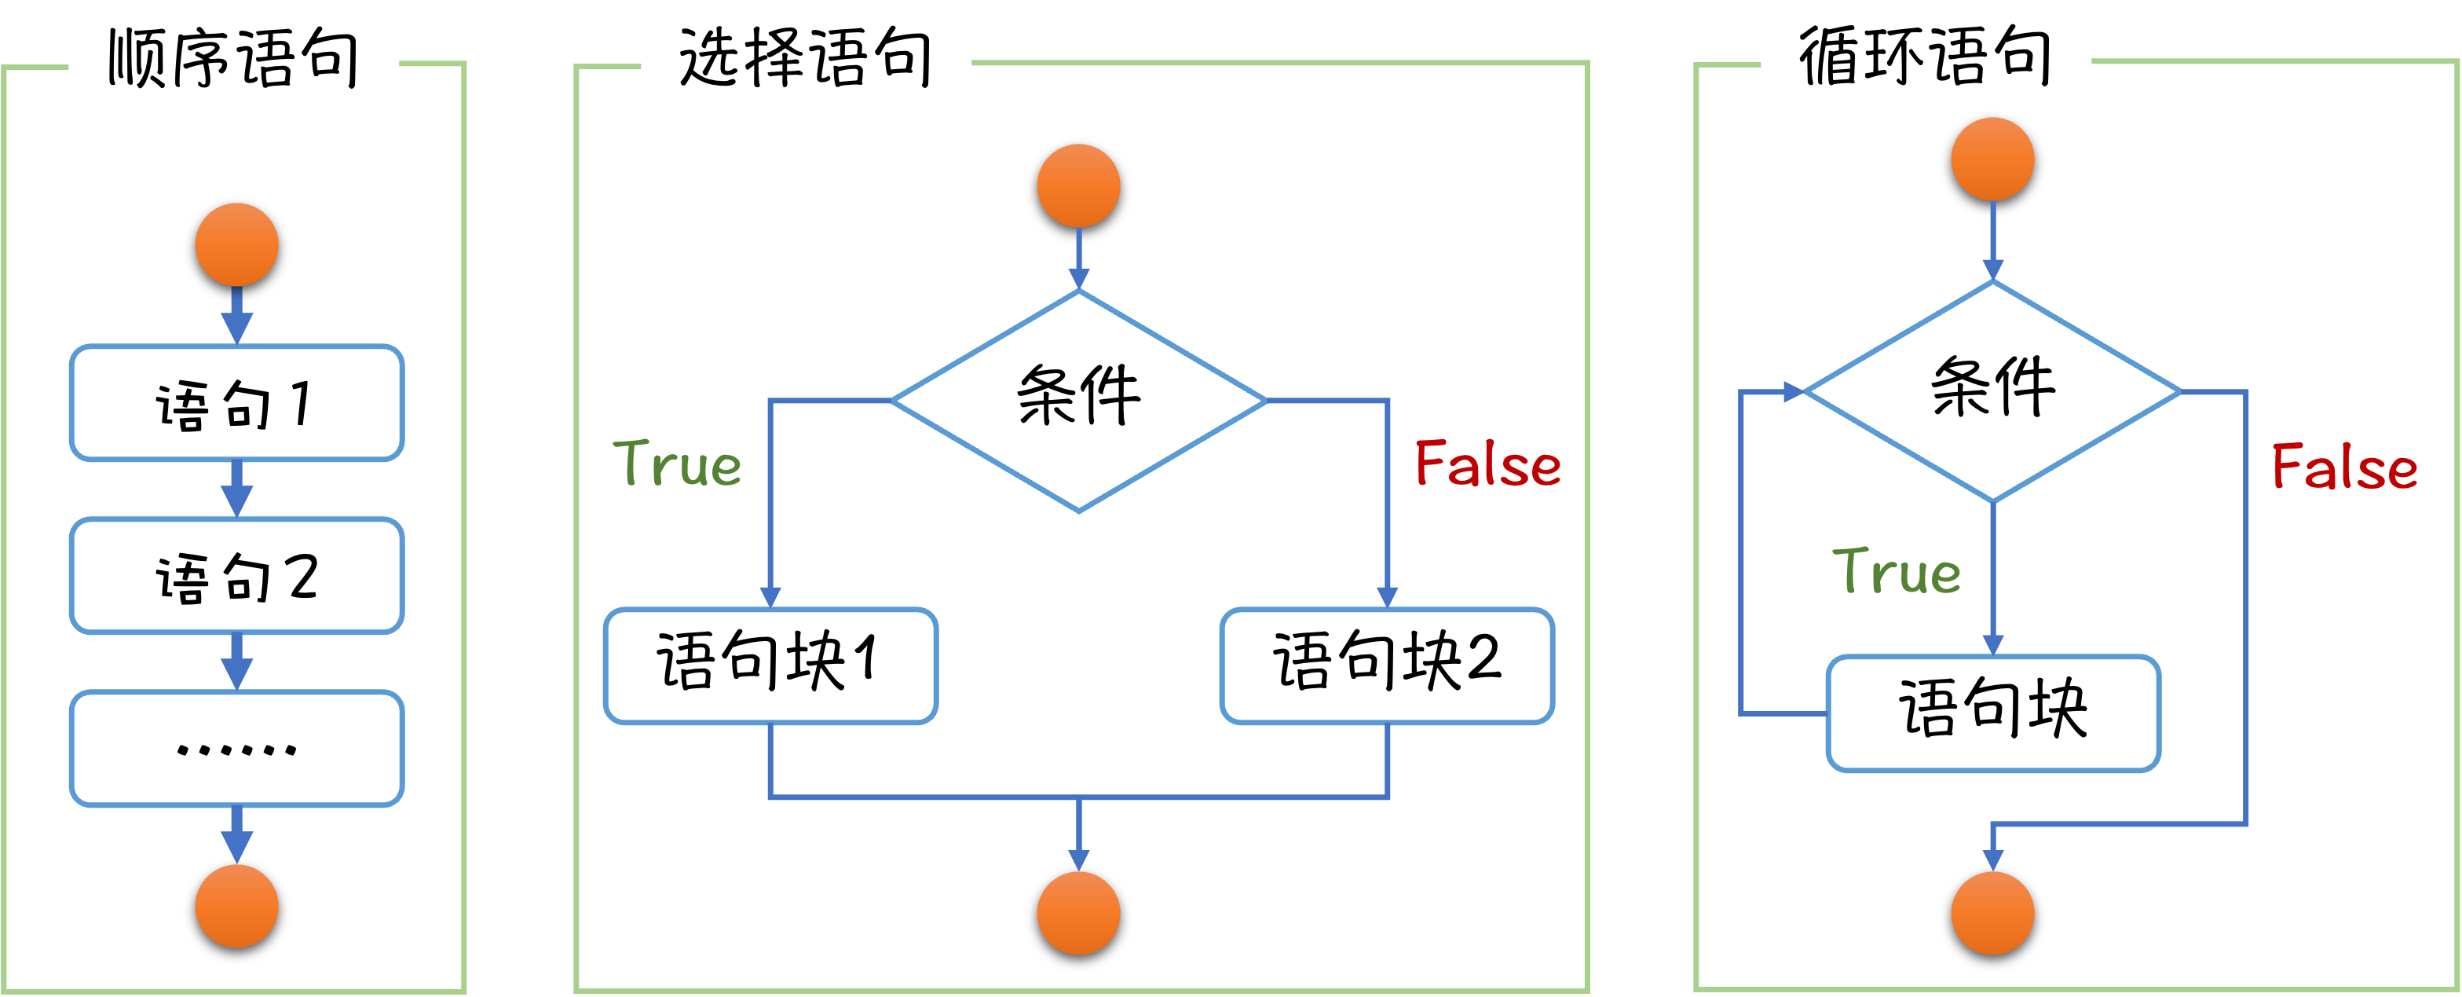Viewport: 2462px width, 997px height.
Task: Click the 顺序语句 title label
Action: coord(232,61)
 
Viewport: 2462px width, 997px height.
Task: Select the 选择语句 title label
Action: coord(805,61)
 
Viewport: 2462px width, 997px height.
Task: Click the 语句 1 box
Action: coord(236,403)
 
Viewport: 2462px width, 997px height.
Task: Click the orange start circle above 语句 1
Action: coord(236,244)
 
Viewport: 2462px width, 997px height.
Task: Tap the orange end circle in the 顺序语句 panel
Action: coord(236,906)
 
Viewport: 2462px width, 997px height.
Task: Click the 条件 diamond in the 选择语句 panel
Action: coord(1078,401)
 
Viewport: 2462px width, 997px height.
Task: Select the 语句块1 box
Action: coord(770,665)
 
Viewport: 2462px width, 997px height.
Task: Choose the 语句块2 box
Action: coord(1387,665)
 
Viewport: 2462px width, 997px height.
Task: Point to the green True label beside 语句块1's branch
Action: coord(677,464)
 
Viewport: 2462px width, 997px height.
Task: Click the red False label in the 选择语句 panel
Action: coord(1487,464)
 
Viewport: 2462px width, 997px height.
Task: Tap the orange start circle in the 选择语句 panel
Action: coord(1078,185)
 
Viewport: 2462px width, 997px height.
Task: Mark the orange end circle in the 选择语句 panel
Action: coord(1078,913)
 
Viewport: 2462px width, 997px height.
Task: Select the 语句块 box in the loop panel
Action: coord(1992,712)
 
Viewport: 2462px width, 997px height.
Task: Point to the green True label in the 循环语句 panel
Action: coord(1897,573)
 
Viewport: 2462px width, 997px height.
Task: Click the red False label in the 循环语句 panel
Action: coord(2344,467)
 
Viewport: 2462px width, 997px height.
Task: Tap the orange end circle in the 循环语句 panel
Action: coord(1992,913)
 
